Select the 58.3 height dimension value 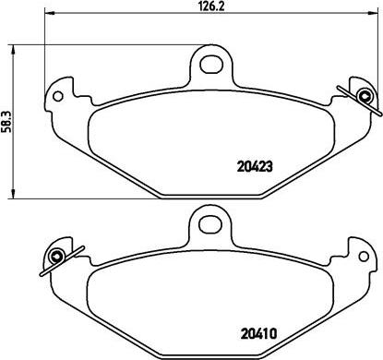[x=8, y=119]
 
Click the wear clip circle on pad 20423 [x=365, y=96]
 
